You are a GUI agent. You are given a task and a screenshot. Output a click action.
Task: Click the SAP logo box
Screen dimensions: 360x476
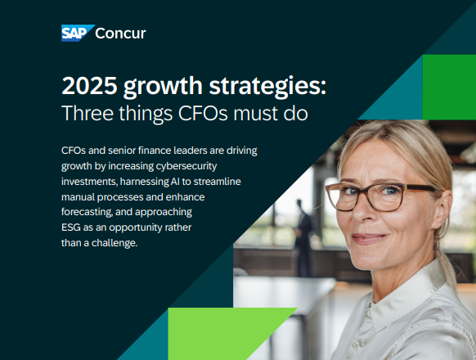click(x=76, y=34)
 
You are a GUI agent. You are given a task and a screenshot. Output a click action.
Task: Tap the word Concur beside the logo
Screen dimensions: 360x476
click(x=121, y=34)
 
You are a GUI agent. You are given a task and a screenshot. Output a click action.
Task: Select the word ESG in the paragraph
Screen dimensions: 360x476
click(x=72, y=227)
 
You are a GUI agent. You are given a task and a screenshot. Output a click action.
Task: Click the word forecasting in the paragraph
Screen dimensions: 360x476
click(x=91, y=212)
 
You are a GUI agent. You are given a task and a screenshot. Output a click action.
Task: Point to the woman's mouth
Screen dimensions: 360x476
click(x=370, y=239)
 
